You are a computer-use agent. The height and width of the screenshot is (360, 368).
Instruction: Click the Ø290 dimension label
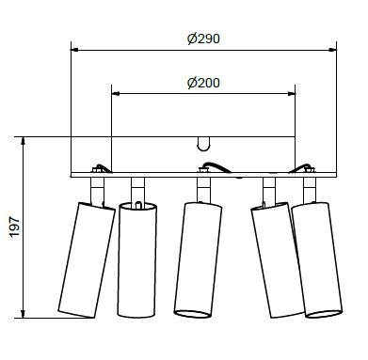pos(203,39)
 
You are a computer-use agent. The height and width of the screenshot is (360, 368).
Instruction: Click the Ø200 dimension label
pos(203,83)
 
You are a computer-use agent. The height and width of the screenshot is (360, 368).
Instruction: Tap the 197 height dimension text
pos(14,227)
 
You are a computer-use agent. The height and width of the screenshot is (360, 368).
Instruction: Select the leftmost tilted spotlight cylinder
pos(87,260)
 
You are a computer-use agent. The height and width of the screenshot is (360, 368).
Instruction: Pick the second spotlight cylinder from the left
pos(137,259)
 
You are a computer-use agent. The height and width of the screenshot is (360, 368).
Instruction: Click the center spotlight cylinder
pos(198,260)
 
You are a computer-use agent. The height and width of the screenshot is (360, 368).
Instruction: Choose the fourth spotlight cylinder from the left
pos(278,260)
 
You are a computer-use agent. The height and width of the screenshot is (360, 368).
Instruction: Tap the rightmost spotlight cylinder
pos(317,260)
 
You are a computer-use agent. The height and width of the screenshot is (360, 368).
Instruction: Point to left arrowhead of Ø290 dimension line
pos(74,50)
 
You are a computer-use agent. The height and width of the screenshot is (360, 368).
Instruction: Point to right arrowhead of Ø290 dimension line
pos(332,50)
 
